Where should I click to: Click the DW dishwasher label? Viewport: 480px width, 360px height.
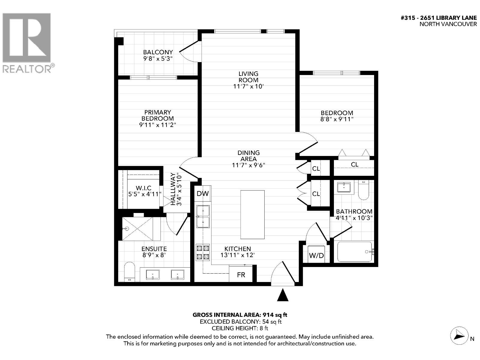pos(203,193)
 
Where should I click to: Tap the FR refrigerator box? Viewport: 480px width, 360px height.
pos(241,273)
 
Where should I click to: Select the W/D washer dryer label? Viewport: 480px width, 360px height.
pos(316,255)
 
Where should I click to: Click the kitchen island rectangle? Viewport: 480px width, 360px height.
pos(252,214)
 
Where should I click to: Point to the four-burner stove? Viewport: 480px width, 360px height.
pos(203,252)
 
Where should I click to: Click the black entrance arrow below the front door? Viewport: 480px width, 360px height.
pos(283,295)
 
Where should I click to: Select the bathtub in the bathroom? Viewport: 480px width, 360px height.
pos(355,252)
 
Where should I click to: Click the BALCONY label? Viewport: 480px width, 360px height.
pos(158,52)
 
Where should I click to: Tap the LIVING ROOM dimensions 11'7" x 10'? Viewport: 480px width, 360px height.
pos(248,86)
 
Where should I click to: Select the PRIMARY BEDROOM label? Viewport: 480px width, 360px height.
pos(157,115)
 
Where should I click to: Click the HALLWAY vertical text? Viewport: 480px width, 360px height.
pos(173,189)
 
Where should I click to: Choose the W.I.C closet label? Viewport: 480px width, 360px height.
pos(143,188)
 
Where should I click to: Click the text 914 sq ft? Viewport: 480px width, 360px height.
pos(275,315)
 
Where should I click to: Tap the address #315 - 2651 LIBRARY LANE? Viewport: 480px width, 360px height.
pos(439,18)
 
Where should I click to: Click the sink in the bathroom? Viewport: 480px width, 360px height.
pos(344,187)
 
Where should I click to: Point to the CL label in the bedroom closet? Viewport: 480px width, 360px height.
pos(355,164)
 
